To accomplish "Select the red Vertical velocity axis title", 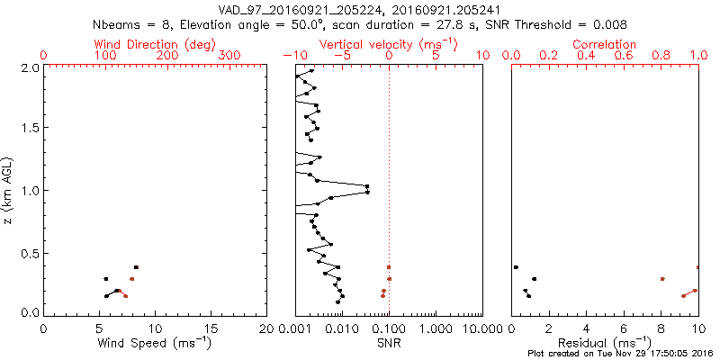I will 388,44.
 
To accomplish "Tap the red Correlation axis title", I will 605,44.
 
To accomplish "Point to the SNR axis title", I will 389,342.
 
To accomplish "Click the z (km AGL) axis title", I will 8,189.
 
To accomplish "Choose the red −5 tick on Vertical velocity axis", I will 342,56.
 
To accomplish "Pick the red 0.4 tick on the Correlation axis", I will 586,56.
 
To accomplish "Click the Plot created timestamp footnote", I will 620,354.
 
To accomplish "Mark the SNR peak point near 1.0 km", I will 367,186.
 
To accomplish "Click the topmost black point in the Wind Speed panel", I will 136,267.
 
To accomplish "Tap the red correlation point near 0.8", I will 662,279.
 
